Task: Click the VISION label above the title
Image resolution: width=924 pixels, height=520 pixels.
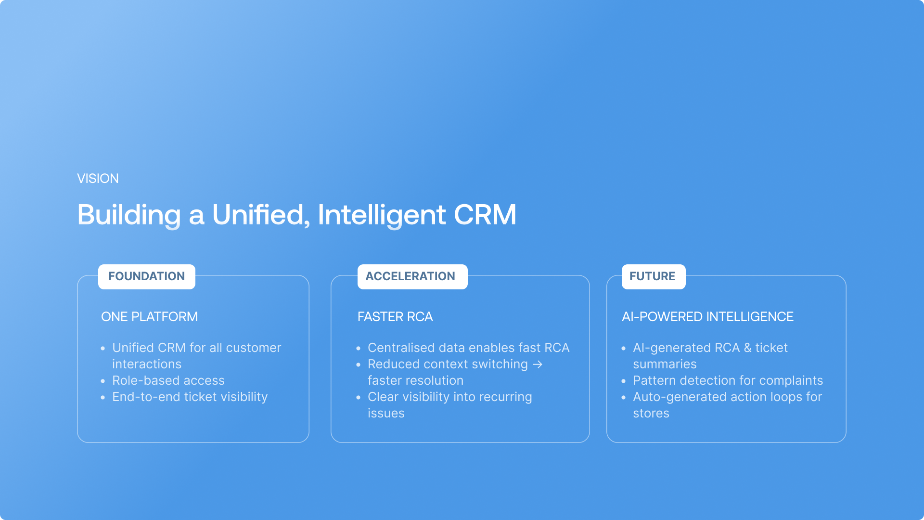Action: (x=98, y=179)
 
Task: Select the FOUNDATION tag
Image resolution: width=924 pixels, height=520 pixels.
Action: (x=147, y=276)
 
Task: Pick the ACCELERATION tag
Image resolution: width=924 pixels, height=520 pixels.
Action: (x=412, y=276)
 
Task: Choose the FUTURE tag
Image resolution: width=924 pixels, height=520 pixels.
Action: (x=654, y=276)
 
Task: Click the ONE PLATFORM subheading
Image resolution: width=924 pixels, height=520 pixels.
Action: (x=150, y=317)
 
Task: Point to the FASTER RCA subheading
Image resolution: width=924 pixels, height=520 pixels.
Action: (x=395, y=317)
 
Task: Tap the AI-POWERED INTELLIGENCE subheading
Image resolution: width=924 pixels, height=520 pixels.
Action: (x=707, y=317)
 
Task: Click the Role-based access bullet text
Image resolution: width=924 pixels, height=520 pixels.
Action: (x=168, y=380)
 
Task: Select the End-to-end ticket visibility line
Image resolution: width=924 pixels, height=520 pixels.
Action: (x=190, y=397)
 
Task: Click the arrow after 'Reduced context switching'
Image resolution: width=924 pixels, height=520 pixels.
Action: (x=538, y=364)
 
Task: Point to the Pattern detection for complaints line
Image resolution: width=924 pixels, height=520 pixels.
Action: (x=728, y=380)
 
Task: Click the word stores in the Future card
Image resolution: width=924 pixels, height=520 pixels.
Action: (x=651, y=414)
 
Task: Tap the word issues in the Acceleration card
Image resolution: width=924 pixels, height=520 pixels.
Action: (x=386, y=414)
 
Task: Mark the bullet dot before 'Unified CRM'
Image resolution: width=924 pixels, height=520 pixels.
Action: (x=103, y=348)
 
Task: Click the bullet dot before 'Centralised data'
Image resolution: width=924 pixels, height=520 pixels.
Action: (x=359, y=348)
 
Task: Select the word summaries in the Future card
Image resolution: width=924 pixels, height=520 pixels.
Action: (x=665, y=364)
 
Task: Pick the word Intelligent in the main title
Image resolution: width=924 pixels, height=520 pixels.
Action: (x=382, y=215)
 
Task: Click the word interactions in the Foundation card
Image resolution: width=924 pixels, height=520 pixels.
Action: (x=147, y=364)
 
